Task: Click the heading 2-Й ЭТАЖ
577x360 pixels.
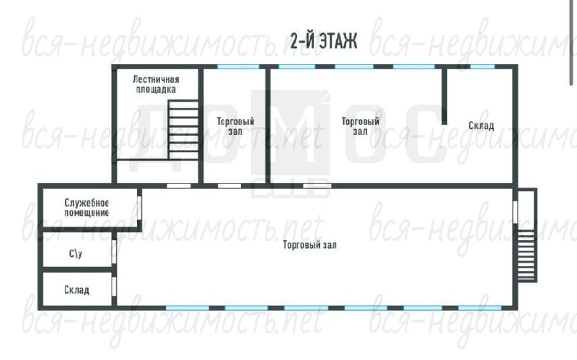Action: tap(323, 40)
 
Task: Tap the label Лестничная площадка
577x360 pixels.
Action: tap(156, 84)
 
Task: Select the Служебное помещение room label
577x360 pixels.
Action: tap(87, 208)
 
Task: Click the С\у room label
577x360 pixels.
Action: tap(76, 253)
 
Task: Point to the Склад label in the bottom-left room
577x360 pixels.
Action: tap(76, 290)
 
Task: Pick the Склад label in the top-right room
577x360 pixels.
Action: tap(481, 126)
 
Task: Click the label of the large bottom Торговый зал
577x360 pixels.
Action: tap(309, 245)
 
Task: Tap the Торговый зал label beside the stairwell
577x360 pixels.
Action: tap(235, 126)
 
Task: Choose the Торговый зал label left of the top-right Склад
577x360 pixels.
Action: tap(360, 126)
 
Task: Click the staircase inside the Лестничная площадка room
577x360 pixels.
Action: tap(183, 130)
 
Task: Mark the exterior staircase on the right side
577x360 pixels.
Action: tap(527, 256)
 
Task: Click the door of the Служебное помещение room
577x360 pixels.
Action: tap(139, 207)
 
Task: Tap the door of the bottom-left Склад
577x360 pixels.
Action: tap(114, 287)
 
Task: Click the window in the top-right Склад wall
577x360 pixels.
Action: tap(483, 66)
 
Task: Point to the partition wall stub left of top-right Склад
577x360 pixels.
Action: tap(444, 97)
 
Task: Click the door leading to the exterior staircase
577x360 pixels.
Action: tap(515, 212)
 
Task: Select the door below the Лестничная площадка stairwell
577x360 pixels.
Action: tap(179, 186)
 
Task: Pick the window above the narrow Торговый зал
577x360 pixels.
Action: tap(238, 66)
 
